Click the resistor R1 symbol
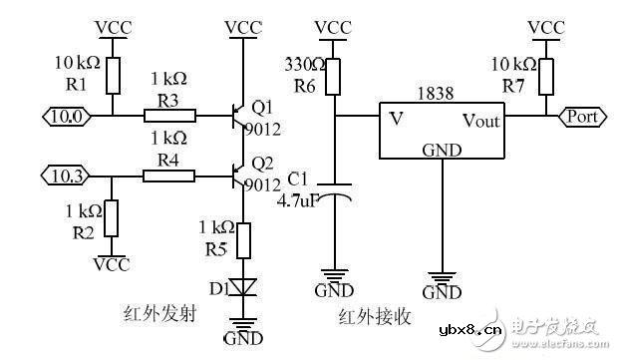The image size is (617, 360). tap(113, 73)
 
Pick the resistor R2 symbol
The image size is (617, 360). tap(113, 216)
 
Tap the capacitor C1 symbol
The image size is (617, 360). tap(338, 196)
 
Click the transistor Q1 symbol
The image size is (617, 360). tap(237, 116)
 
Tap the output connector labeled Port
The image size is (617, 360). tap(582, 116)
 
